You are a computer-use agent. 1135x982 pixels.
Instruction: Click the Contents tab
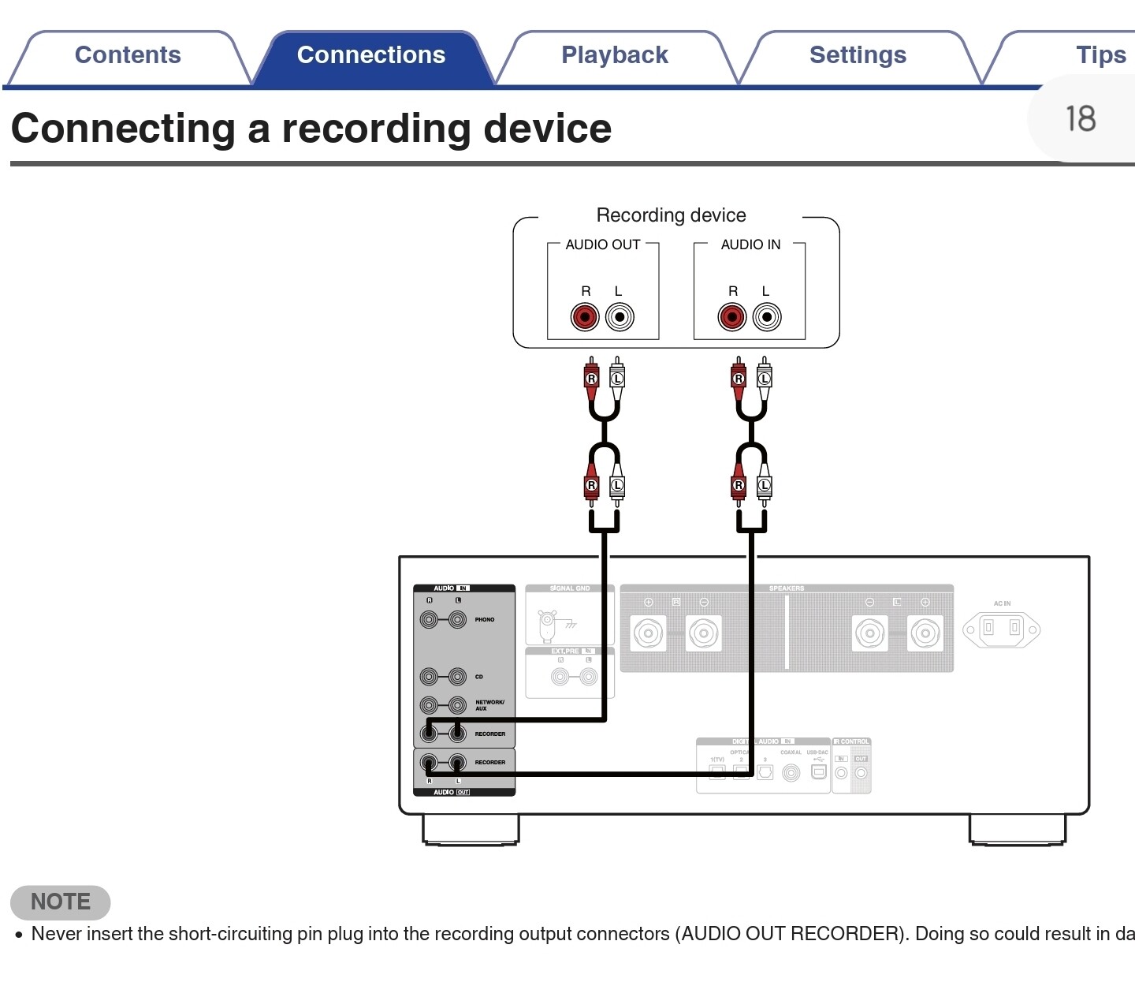click(x=128, y=55)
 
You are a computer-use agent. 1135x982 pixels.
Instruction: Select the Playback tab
click(x=614, y=55)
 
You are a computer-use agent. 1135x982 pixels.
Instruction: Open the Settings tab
click(x=858, y=55)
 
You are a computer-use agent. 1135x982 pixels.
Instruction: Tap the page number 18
click(x=1081, y=119)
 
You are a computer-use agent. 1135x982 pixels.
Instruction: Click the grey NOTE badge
click(x=61, y=902)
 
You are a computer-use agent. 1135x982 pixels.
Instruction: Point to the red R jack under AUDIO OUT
click(x=585, y=317)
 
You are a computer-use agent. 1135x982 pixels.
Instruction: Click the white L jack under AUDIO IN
click(x=767, y=317)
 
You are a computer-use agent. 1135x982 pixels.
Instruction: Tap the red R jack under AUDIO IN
click(x=732, y=317)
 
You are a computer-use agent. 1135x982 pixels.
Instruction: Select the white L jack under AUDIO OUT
click(x=620, y=317)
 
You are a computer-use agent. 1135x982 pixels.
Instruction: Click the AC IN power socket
click(x=1001, y=629)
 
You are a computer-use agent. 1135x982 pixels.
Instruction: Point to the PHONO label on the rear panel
click(x=485, y=620)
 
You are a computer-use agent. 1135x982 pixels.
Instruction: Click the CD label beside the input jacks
click(x=479, y=677)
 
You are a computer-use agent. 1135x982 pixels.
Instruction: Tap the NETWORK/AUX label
click(x=489, y=705)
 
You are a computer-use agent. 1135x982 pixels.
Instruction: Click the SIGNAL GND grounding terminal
click(x=548, y=625)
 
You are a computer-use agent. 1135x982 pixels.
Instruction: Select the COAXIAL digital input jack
click(x=791, y=773)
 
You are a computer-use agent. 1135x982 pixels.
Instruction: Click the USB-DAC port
click(x=819, y=771)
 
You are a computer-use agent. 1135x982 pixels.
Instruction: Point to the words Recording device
click(x=671, y=215)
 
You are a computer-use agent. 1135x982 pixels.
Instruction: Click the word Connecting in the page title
click(x=123, y=129)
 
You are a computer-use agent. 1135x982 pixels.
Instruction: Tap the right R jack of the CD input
click(x=429, y=677)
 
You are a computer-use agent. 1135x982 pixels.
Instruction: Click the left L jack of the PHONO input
click(x=458, y=620)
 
